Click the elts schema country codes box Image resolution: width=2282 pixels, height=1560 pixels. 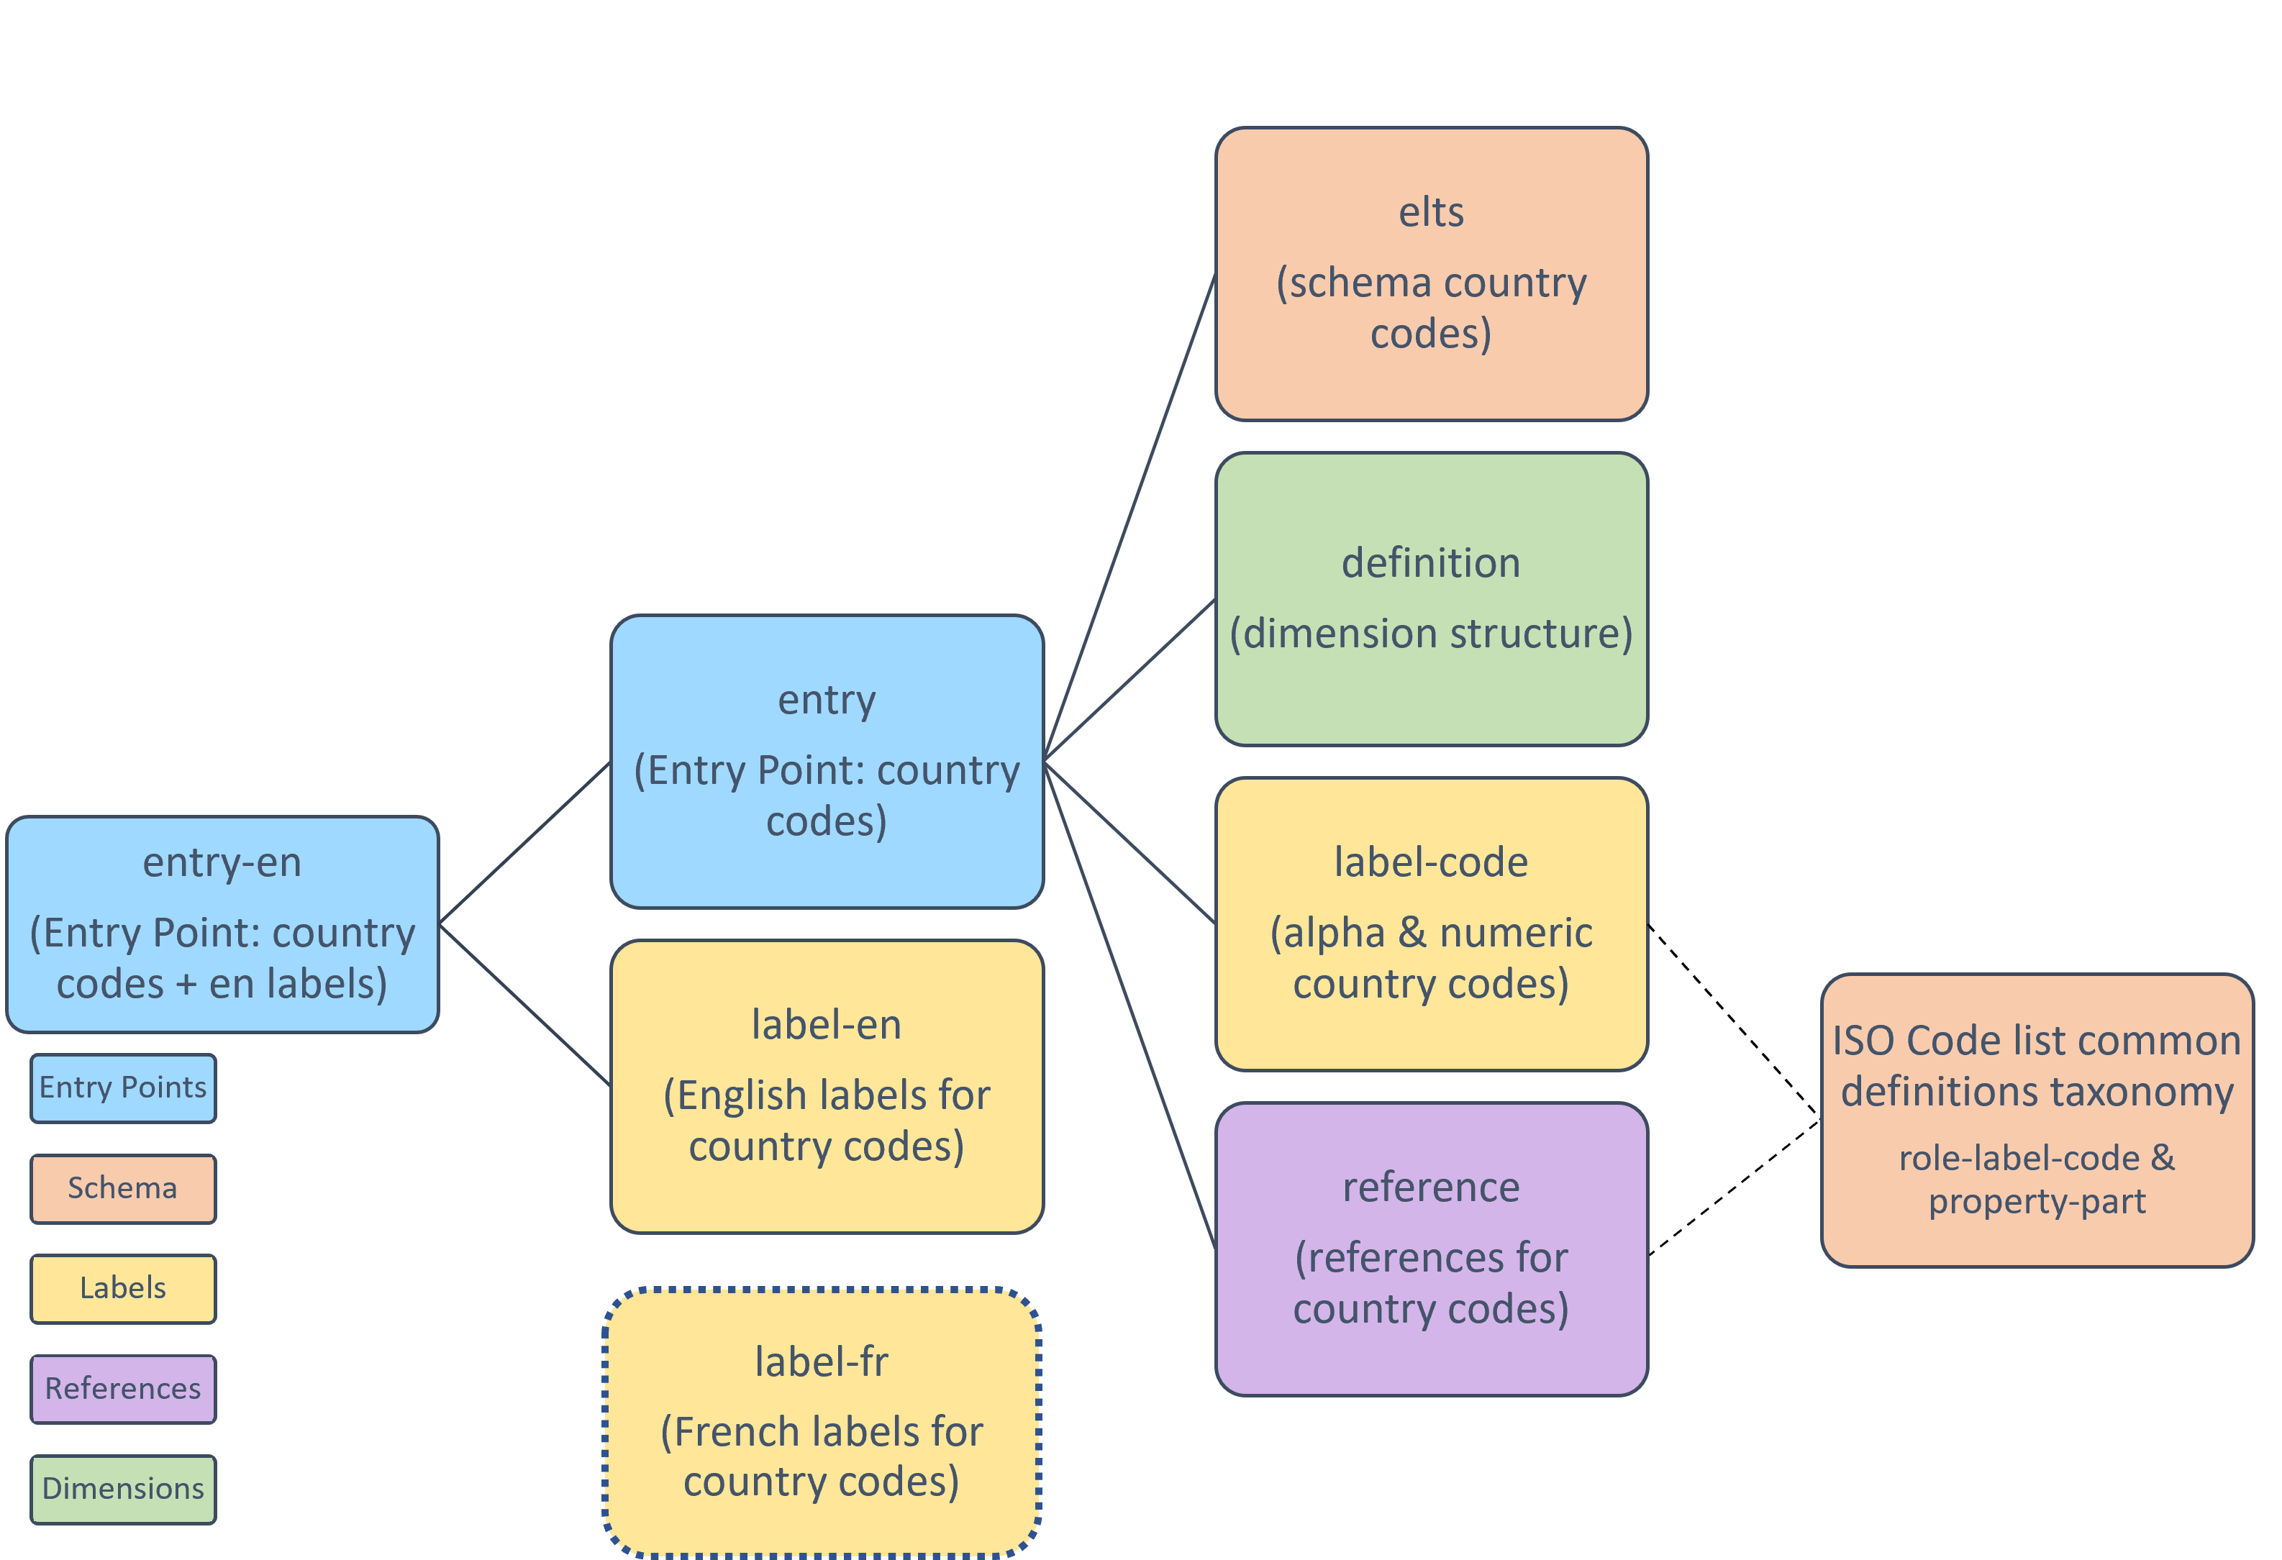(1431, 274)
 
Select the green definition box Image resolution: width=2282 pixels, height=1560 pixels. (1431, 599)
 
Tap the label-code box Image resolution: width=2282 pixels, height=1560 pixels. (1431, 923)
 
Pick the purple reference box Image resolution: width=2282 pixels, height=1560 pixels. (1431, 1249)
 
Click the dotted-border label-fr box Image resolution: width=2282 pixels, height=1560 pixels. (821, 1422)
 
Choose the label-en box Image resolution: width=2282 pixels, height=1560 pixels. (827, 1087)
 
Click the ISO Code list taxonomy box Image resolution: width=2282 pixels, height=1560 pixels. (2037, 1120)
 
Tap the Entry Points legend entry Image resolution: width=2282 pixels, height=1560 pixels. (123, 1087)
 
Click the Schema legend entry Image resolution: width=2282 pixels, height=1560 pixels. (123, 1188)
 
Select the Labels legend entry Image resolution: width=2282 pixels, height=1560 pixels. (123, 1288)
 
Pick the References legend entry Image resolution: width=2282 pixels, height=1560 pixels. (123, 1388)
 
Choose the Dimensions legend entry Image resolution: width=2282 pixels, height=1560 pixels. (123, 1488)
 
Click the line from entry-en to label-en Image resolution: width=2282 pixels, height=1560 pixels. (524, 1004)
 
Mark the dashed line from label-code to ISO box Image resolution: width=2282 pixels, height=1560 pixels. (1734, 1022)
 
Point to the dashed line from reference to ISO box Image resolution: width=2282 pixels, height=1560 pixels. (1734, 1187)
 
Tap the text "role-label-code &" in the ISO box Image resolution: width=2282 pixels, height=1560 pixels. (2037, 1159)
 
